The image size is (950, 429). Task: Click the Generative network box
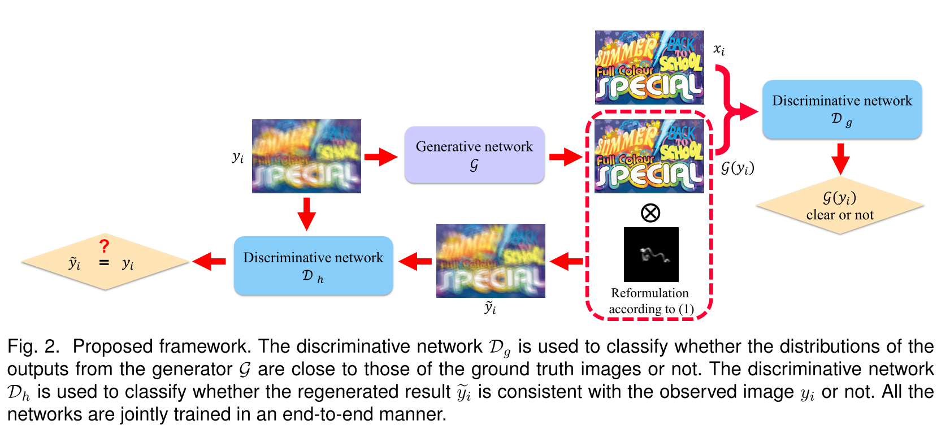tap(474, 154)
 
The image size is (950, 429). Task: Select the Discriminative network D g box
tap(841, 109)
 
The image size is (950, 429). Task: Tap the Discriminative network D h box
tap(313, 265)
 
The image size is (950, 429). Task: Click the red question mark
tap(104, 246)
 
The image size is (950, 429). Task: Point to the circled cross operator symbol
tap(650, 213)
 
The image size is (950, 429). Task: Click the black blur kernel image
tap(651, 254)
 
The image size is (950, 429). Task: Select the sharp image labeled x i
tap(649, 67)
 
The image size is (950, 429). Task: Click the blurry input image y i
tap(306, 156)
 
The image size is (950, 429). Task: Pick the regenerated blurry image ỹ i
tap(491, 261)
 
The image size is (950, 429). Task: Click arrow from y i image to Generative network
tap(381, 157)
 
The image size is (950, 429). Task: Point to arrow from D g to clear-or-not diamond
tap(840, 158)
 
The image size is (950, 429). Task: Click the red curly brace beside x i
tap(730, 110)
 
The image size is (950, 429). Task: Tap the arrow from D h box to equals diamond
tap(210, 262)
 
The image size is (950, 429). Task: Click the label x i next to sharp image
tap(719, 50)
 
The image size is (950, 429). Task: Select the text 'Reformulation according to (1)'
tap(650, 301)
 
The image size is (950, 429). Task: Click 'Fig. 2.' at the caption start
tap(33, 346)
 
